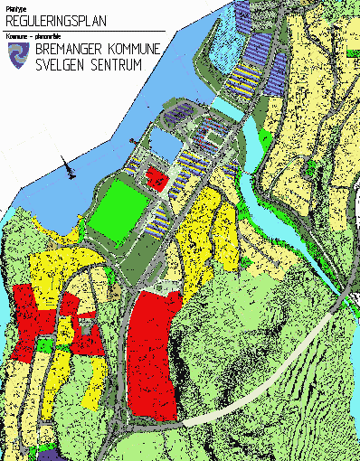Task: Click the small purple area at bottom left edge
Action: point(19,455)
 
